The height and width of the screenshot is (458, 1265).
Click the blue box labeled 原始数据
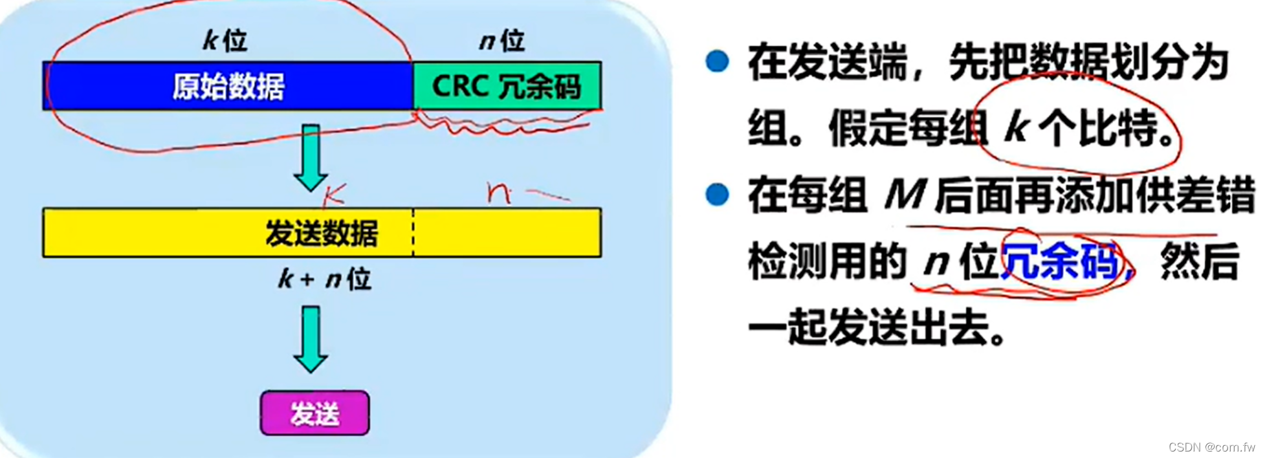point(228,86)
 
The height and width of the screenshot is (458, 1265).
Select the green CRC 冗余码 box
point(507,86)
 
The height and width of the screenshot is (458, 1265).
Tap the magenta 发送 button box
point(314,413)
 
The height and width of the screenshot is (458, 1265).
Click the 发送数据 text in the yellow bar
point(321,234)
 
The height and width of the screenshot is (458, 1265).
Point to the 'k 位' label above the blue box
point(225,41)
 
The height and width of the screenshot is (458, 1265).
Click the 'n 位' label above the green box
point(501,41)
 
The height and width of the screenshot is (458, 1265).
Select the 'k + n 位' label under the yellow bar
point(324,279)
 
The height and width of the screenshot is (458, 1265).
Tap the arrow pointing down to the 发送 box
point(311,338)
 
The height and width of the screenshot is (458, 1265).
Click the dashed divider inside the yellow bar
point(413,233)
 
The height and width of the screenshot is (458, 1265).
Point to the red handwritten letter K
point(335,192)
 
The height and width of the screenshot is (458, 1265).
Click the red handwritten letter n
point(498,192)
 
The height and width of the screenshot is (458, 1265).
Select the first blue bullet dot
point(717,61)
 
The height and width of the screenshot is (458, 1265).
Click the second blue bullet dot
point(717,193)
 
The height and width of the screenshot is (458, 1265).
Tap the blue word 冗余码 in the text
point(1059,262)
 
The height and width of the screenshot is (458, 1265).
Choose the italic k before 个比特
point(1017,127)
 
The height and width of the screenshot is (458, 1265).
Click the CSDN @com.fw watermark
point(1211,447)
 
